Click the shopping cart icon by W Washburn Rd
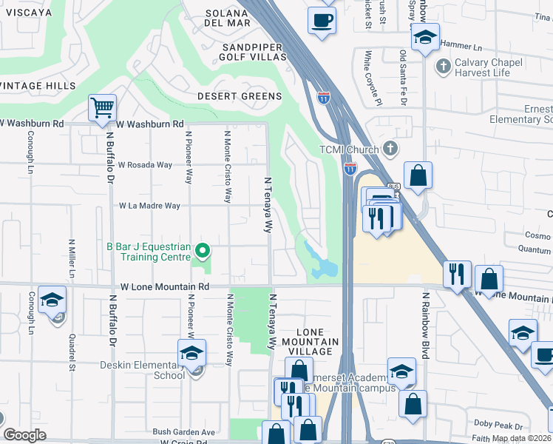[x=102, y=108]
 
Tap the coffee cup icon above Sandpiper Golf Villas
[x=322, y=20]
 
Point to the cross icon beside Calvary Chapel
[x=443, y=67]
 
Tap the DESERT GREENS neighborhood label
[x=239, y=96]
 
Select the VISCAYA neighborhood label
[x=26, y=13]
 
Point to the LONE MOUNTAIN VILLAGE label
[x=306, y=337]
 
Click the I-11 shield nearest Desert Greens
[x=324, y=97]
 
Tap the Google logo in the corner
[x=24, y=434]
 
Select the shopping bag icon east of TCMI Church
[x=418, y=176]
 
